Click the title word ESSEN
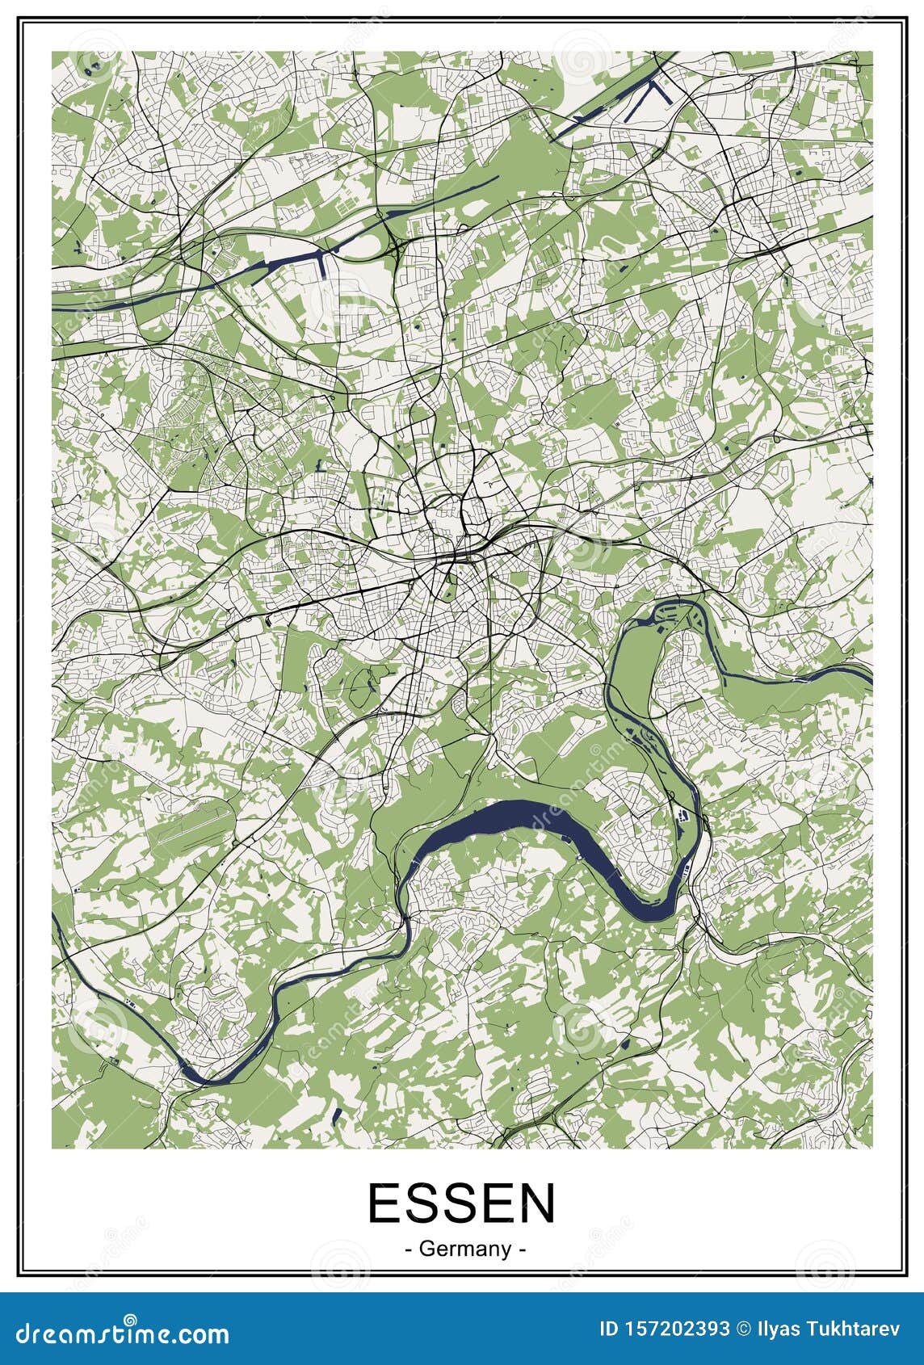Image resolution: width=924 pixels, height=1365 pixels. click(462, 1203)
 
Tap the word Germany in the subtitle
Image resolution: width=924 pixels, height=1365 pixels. click(466, 1249)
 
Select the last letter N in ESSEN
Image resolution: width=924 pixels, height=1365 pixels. click(536, 1203)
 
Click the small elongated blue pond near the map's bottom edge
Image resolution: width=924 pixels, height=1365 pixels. click(337, 1115)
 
